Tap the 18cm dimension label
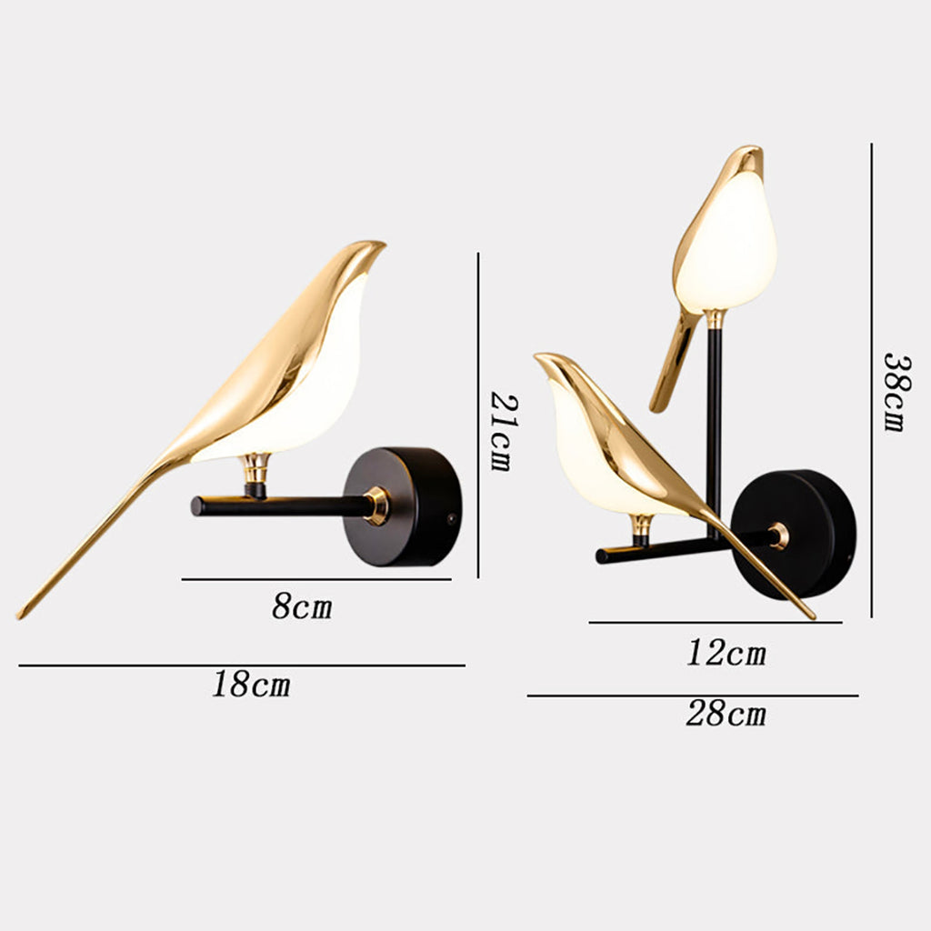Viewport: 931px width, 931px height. coord(252,684)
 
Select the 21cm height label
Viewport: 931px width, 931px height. coord(500,430)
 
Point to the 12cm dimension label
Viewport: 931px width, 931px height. coord(726,653)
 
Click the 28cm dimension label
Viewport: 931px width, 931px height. coord(726,714)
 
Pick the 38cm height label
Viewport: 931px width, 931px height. coord(895,391)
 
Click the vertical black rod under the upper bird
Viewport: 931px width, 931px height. coord(715,427)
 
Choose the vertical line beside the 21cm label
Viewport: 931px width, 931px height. coord(478,415)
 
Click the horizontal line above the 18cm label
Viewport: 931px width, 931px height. coord(242,666)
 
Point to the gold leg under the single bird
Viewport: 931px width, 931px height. coord(255,474)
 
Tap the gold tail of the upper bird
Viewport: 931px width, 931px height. coord(671,364)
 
